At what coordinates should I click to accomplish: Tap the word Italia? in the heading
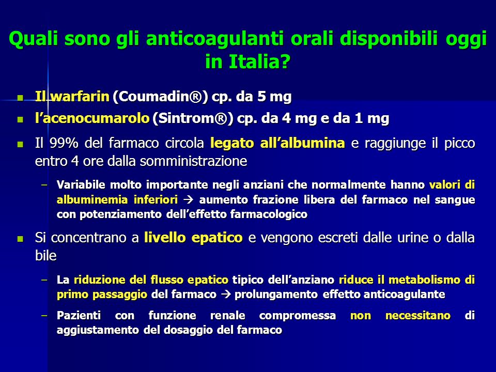259,61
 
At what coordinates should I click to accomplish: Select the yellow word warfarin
80,96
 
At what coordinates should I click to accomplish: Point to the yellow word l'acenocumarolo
92,118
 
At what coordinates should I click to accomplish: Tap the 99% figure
64,143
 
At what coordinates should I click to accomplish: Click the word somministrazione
193,161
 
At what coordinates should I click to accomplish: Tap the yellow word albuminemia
92,199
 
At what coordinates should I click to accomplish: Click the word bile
45,256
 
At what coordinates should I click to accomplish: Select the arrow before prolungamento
226,295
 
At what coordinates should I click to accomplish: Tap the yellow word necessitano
418,315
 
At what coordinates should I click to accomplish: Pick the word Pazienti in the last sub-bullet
79,315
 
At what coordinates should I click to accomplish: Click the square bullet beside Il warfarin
21,97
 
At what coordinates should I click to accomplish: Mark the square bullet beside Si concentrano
21,239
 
